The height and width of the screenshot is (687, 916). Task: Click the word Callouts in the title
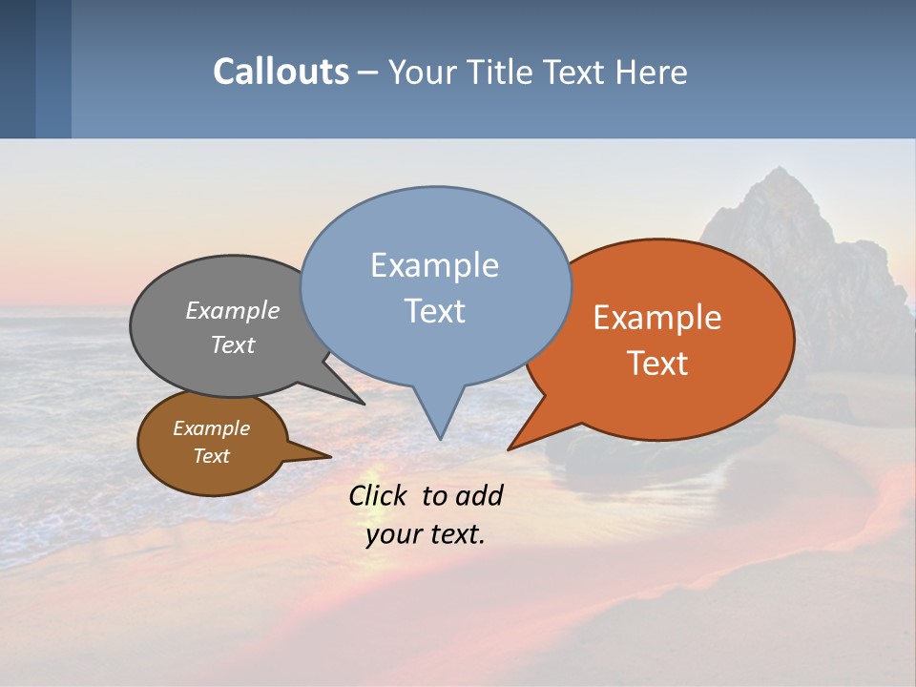click(x=281, y=72)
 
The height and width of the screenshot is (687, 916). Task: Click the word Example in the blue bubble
click(x=434, y=265)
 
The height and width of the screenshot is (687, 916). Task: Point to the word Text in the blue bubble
click(x=434, y=311)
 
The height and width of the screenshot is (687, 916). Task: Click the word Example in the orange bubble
click(x=657, y=318)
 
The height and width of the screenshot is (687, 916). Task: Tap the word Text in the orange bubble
click(x=657, y=364)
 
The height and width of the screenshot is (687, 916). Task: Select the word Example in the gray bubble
click(x=233, y=310)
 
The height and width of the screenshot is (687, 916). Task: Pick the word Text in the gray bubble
click(x=233, y=345)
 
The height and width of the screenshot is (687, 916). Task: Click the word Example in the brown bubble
click(x=211, y=428)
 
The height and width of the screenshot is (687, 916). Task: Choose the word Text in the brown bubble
click(x=211, y=456)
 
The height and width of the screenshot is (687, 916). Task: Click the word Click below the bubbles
click(x=379, y=495)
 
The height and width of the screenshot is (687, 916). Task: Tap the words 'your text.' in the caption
click(x=425, y=534)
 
